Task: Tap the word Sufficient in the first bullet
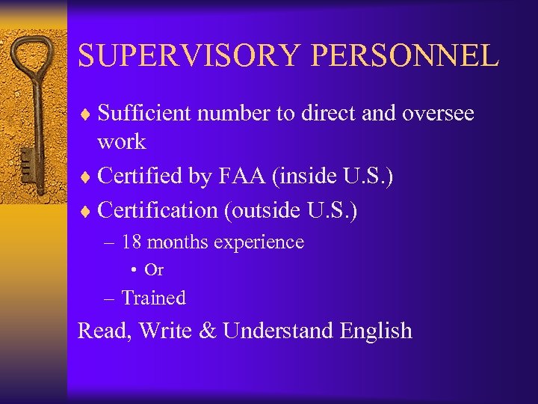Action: (144, 113)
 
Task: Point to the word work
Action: (121, 141)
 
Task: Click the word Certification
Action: (158, 210)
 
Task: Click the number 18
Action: (132, 242)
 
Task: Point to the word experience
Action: (259, 243)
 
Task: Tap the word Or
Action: (155, 270)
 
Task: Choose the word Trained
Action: (153, 298)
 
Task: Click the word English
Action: (376, 330)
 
